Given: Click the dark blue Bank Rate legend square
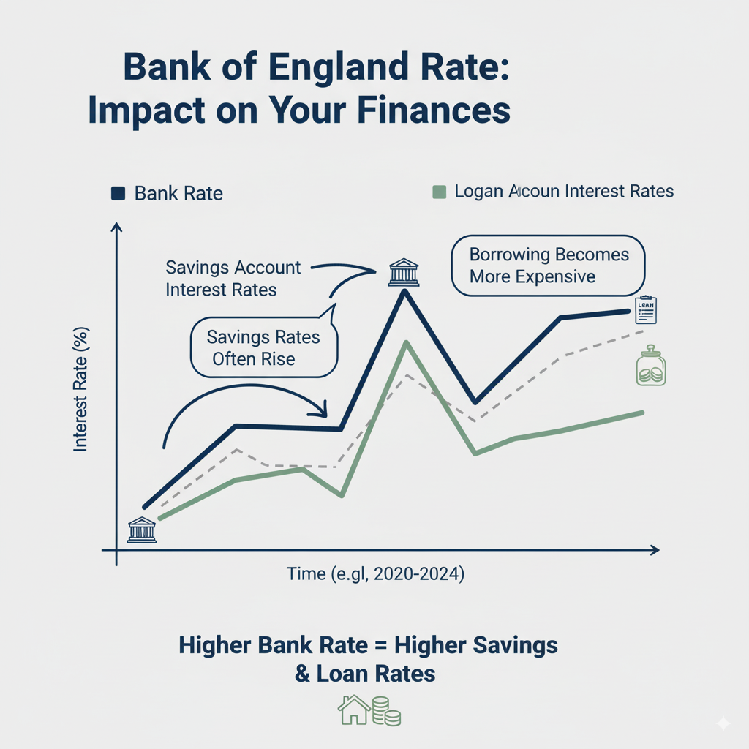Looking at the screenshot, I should click(117, 193).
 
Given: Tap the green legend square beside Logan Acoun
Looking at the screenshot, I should click(439, 192).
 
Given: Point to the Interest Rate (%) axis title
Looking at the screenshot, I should click(80, 388).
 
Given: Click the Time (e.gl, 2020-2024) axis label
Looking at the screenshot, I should click(375, 574).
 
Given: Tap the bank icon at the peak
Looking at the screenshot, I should click(404, 272).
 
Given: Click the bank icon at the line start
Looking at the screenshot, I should click(142, 530).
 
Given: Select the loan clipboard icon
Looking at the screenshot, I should click(647, 310).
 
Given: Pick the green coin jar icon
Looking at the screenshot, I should click(650, 366).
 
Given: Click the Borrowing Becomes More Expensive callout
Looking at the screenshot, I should click(549, 266).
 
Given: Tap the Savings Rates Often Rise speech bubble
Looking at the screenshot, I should click(263, 347).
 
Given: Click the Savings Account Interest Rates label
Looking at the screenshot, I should click(233, 279).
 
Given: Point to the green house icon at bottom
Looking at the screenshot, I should click(353, 710).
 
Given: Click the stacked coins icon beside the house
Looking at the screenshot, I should click(387, 711).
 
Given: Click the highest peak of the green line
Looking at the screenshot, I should click(405, 343).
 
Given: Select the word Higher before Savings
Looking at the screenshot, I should click(429, 645).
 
